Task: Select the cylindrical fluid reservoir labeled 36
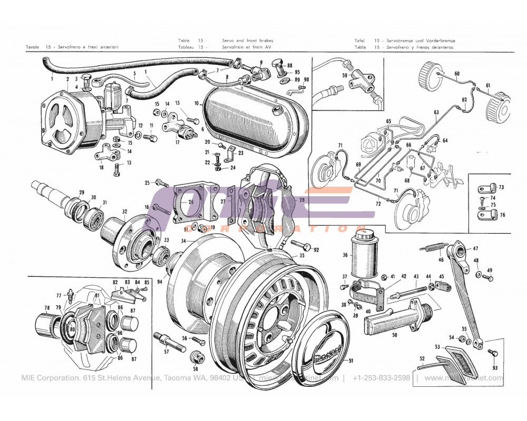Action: [365, 256]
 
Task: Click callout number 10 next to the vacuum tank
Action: [196, 103]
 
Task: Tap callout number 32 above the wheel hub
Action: [124, 212]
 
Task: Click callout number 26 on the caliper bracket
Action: [191, 202]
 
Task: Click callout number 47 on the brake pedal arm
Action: [475, 248]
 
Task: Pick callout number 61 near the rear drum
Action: [488, 86]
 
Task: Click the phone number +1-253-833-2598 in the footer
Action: [381, 378]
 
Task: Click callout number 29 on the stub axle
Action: [82, 192]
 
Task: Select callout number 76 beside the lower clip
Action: [502, 215]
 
